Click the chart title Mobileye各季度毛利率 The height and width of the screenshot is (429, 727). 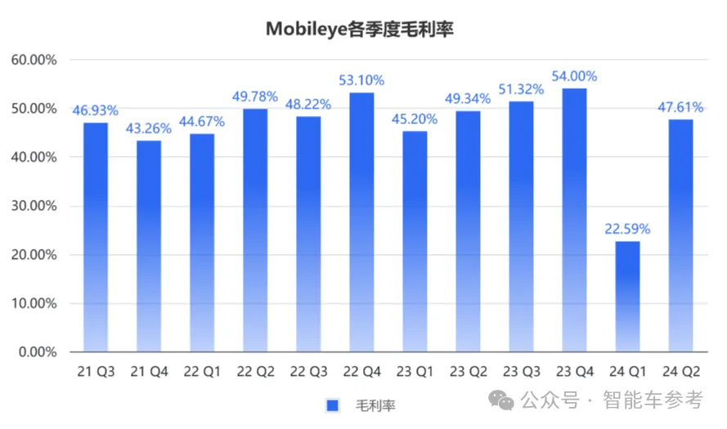[x=360, y=29]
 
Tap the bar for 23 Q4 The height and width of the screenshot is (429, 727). [x=575, y=221]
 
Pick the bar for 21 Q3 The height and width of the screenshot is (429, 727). [x=96, y=237]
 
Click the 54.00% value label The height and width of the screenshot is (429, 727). [x=575, y=75]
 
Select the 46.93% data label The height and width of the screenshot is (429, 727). [x=96, y=109]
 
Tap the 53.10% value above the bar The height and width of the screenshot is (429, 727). [x=361, y=79]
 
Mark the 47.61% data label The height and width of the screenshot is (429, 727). [x=681, y=106]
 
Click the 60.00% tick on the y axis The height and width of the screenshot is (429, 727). [x=34, y=60]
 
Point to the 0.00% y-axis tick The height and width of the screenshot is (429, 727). [x=37, y=352]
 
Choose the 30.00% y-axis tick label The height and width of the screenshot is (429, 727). [x=34, y=206]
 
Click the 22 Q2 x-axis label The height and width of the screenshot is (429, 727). [x=255, y=372]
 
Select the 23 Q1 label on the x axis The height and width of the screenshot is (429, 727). [x=415, y=372]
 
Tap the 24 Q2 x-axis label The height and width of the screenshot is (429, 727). [x=681, y=372]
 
